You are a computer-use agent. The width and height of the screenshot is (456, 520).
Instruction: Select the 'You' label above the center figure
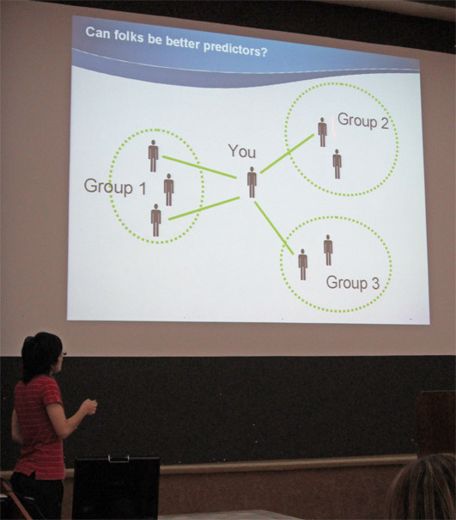[x=242, y=151]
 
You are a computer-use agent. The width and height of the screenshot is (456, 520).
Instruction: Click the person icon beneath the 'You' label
[x=252, y=182]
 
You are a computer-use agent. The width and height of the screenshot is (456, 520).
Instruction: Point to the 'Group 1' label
[x=115, y=187]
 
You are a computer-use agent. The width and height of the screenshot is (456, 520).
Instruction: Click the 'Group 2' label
[x=363, y=120]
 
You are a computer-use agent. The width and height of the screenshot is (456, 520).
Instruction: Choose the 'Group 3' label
[x=353, y=283]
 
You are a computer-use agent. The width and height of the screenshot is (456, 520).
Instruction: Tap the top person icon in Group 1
[x=153, y=156]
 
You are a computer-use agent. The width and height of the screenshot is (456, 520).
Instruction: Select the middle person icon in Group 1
[x=168, y=190]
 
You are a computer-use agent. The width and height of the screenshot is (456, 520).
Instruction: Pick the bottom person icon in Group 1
[x=155, y=220]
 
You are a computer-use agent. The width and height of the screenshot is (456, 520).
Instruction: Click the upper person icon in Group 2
[x=322, y=132]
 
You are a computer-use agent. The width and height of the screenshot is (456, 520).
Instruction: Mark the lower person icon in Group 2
[x=337, y=164]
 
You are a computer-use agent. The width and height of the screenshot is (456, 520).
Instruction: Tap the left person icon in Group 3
[x=302, y=265]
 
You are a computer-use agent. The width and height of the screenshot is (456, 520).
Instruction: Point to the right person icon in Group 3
[x=328, y=250]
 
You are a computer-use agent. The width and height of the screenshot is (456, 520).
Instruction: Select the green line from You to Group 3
[x=274, y=228]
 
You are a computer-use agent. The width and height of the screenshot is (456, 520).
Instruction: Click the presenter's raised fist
[x=89, y=407]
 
